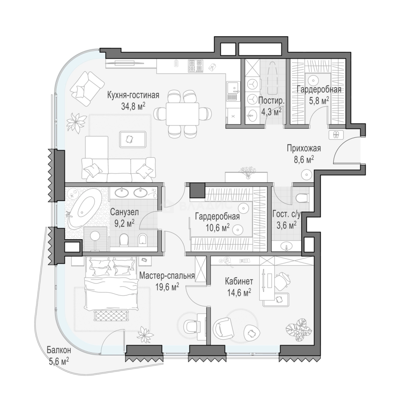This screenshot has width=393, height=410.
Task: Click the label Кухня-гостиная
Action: (x=133, y=95)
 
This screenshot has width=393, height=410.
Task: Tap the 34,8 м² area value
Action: (x=133, y=106)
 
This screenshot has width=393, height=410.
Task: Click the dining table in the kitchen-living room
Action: (x=182, y=113)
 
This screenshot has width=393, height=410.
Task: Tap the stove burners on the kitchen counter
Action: (x=195, y=66)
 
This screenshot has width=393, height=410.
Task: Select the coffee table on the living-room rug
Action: (x=133, y=139)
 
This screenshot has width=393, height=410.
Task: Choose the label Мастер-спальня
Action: (x=167, y=276)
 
